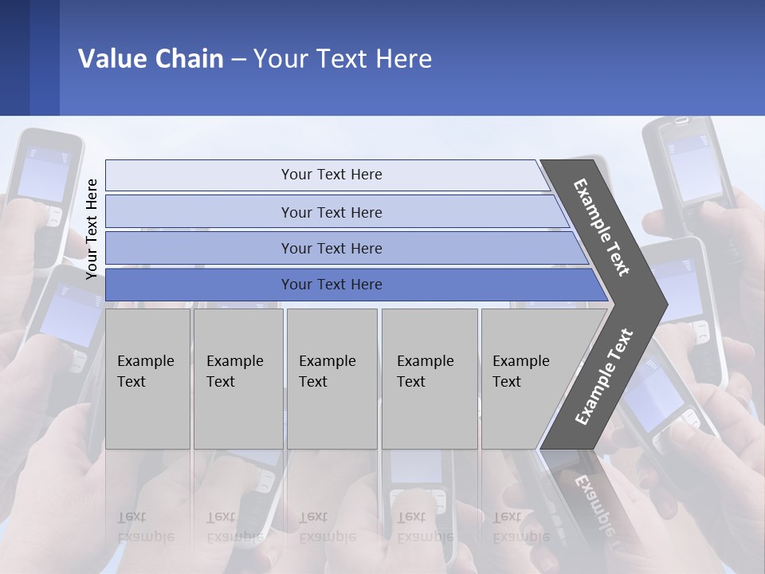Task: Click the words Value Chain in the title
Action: pos(151,59)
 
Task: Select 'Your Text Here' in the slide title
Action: pos(343,59)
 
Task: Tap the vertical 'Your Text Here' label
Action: pos(92,229)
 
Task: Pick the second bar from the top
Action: pos(331,212)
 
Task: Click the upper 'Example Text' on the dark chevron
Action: pos(602,227)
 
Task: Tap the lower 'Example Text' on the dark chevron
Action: pos(604,376)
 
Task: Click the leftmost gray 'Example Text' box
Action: pos(147,379)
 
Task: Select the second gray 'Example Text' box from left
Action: pos(238,379)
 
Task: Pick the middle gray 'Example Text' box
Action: pos(331,379)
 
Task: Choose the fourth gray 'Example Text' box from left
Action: pos(430,379)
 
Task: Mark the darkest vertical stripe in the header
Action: pos(14,57)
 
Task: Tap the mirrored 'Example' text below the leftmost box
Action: pos(145,537)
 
